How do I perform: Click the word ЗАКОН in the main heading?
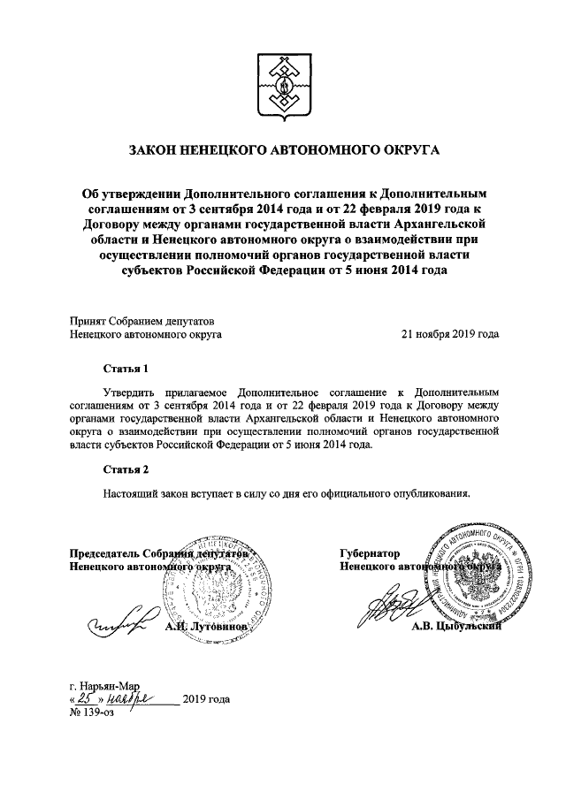point(157,151)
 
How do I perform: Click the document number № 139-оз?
point(96,713)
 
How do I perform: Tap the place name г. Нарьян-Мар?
point(104,685)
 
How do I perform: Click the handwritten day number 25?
point(87,699)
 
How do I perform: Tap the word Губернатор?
point(370,552)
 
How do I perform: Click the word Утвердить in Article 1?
point(132,390)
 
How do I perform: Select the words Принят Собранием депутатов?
point(141,321)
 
